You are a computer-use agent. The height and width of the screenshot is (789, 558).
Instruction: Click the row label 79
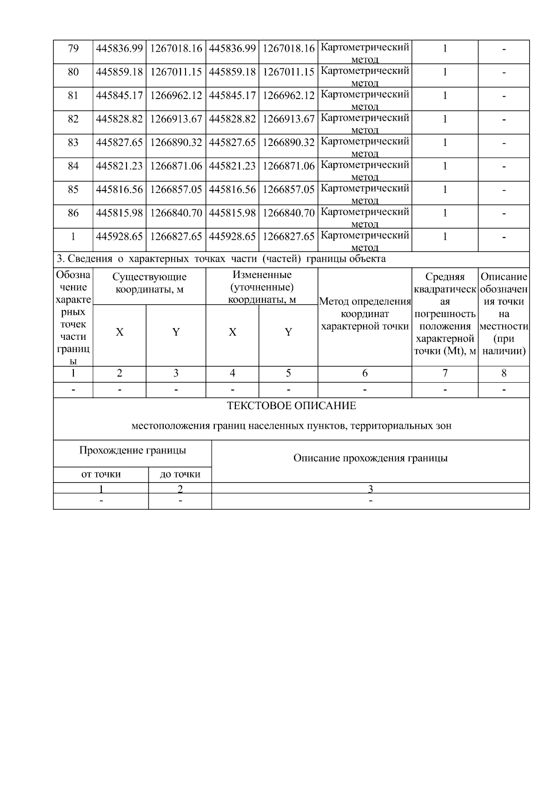point(73,48)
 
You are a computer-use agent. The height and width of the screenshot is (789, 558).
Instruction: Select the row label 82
point(73,119)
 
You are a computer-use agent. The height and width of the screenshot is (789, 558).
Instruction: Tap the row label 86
point(73,213)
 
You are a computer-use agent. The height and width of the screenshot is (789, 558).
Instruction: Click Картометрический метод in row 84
point(365,170)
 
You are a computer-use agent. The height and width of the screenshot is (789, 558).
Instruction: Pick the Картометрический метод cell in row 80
point(365,76)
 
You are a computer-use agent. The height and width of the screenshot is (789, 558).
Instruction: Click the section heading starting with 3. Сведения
point(221,259)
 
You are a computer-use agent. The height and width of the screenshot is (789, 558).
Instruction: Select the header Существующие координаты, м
point(149,283)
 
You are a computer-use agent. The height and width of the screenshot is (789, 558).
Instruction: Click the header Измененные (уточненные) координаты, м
point(262,287)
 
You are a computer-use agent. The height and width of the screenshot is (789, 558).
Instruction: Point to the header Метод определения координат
point(365,314)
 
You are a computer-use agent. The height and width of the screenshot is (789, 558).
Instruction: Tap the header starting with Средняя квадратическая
point(445,314)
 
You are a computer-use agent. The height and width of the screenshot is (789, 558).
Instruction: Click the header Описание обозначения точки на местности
point(504,314)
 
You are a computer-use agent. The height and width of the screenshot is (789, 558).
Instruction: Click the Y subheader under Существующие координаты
point(176,332)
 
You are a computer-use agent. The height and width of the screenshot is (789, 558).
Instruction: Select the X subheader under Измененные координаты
point(232,332)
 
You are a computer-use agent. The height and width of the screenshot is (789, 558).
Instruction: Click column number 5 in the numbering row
point(288,373)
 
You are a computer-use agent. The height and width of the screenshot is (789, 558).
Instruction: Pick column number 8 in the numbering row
point(504,373)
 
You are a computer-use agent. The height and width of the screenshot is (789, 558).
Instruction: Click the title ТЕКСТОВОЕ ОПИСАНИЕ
point(291,406)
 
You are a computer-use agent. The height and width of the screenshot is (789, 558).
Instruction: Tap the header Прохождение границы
point(133,451)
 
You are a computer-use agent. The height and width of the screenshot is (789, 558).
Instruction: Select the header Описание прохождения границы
point(370,458)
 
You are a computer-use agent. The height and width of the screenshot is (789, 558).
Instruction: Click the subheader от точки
point(101,474)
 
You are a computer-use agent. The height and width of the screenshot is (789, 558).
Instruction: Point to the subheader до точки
point(180,474)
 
